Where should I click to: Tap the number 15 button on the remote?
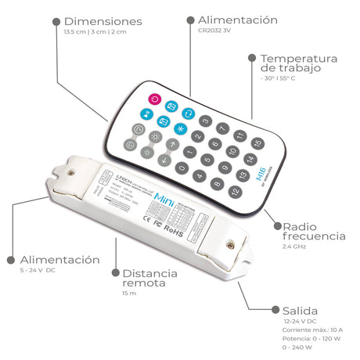pyautogui.click(x=257, y=142)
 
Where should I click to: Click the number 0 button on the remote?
pyautogui.click(x=182, y=166)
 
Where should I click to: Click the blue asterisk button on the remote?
pyautogui.click(x=181, y=128)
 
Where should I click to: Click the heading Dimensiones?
pyautogui.click(x=103, y=21)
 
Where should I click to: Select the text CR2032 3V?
pyautogui.click(x=215, y=31)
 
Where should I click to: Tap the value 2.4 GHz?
pyautogui.click(x=293, y=247)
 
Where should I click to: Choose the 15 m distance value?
pyautogui.click(x=129, y=293)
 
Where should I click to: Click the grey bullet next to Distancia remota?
pyautogui.click(x=115, y=275)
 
